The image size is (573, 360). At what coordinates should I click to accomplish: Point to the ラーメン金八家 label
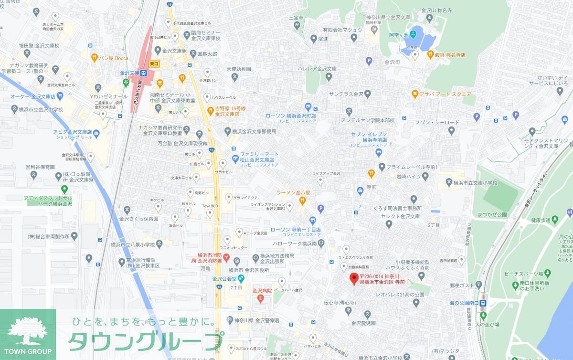[x=293, y=192]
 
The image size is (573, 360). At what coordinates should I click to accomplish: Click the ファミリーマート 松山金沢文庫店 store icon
[x=234, y=158]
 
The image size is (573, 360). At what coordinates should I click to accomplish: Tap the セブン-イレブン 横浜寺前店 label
[x=378, y=138]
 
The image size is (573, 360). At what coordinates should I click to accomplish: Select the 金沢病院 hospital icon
[x=260, y=299]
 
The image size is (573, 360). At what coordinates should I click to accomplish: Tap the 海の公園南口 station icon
[x=484, y=303]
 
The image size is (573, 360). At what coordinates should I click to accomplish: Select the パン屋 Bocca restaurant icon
[x=95, y=58]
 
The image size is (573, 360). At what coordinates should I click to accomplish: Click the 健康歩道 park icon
[x=555, y=220]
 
